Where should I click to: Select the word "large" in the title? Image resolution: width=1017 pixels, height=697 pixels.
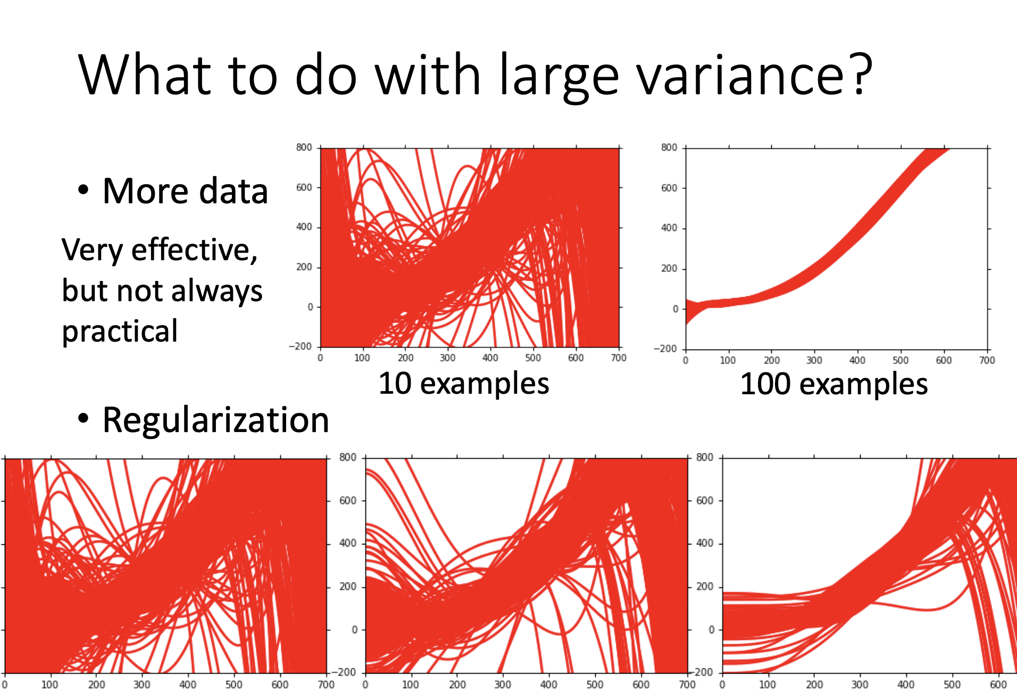point(559,76)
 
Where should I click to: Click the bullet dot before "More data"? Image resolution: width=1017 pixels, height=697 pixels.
point(83,190)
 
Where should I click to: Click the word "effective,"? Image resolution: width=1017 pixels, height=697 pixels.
point(195,250)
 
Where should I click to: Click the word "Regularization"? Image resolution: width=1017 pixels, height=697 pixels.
point(215,420)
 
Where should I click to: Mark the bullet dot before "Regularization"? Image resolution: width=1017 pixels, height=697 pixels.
point(83,419)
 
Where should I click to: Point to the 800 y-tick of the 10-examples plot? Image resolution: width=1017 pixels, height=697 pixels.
point(304,147)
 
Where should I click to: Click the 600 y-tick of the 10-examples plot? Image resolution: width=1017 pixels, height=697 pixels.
point(304,187)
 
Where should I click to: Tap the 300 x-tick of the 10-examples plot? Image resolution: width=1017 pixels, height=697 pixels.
point(447,358)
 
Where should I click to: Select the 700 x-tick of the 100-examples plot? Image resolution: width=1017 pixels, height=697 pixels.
point(987,360)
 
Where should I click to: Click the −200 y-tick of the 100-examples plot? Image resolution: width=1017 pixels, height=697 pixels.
point(665,349)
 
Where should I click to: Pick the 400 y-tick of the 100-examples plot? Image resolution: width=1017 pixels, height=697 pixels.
point(669,228)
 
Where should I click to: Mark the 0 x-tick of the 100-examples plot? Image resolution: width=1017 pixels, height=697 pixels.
point(686,360)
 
